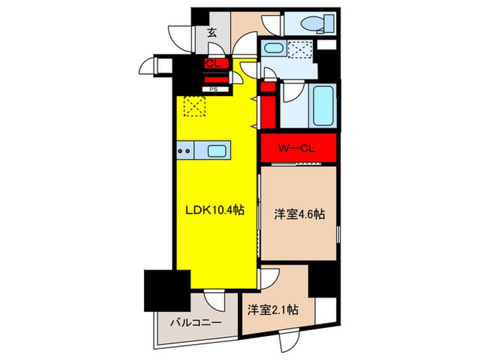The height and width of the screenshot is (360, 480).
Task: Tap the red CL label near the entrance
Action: click(x=213, y=64)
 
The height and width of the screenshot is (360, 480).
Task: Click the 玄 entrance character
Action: click(x=213, y=32)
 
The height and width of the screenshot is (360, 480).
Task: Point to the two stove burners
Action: click(x=184, y=151)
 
